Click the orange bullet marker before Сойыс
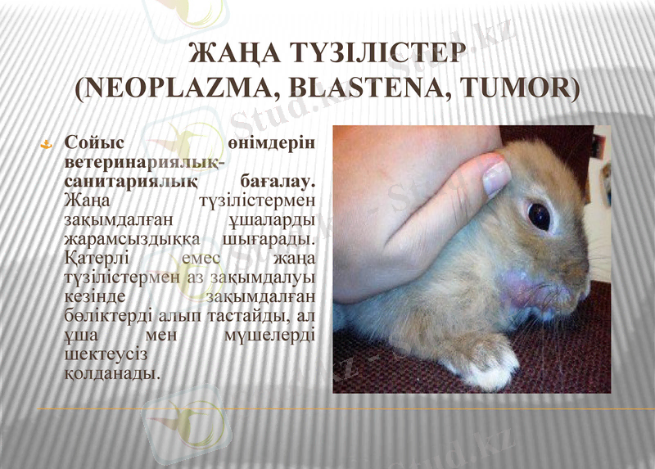47,144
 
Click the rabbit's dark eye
539,215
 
